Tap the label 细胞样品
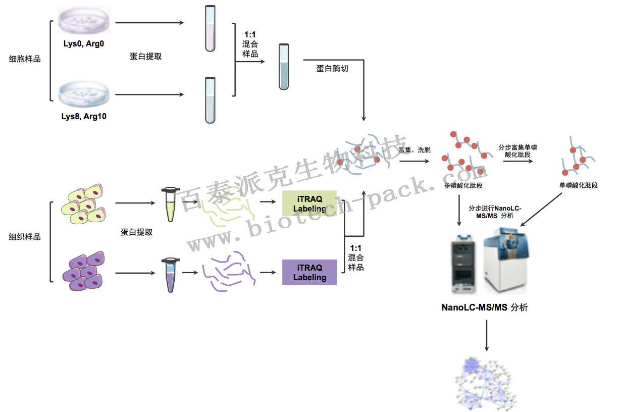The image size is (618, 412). pos(25,59)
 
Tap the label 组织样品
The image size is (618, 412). pos(25,236)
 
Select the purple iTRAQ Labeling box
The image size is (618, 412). pos(309,272)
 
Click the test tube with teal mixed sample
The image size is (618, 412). pos(284,67)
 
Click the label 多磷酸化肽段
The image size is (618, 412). pos(463,185)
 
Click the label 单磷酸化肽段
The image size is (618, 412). pos(578,185)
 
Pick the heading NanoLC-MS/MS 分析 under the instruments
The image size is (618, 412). pos(484,307)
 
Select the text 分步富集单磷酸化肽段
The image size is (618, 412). pos(518,151)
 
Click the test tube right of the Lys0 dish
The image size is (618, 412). pos(210,28)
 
